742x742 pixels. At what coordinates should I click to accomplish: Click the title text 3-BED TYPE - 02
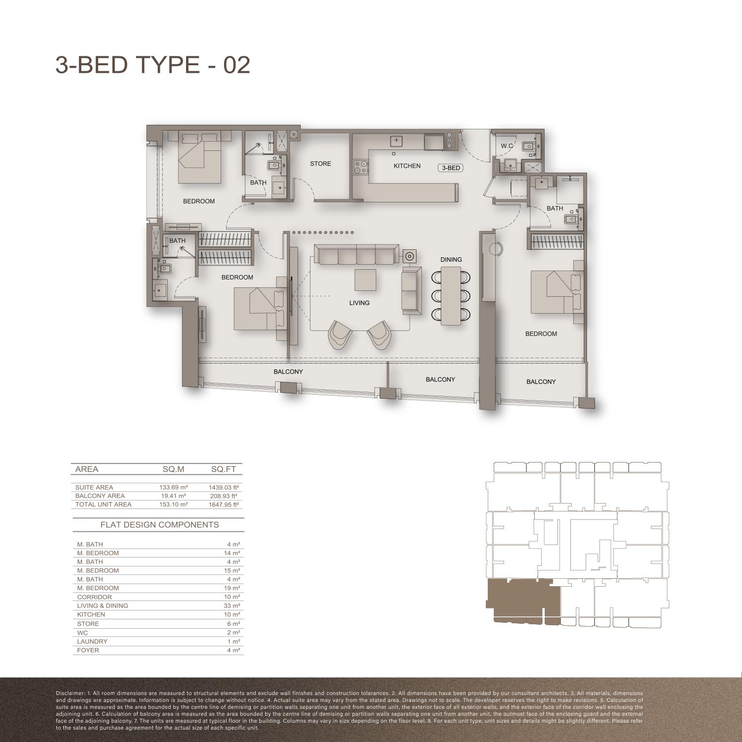(152, 65)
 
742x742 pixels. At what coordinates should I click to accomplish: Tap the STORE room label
(321, 164)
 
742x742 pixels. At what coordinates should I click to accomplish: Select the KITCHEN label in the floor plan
(407, 166)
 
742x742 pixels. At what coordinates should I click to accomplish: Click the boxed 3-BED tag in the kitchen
(451, 168)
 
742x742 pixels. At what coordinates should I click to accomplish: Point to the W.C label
(507, 146)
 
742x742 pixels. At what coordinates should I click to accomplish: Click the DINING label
(451, 260)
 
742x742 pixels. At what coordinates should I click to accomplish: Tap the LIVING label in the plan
(359, 303)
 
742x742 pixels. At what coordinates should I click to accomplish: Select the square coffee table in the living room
(365, 280)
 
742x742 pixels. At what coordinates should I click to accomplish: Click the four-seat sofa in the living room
(356, 255)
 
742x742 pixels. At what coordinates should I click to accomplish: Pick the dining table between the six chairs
(451, 296)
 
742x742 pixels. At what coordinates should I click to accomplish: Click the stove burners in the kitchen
(360, 167)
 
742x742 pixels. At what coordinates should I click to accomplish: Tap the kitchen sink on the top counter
(396, 141)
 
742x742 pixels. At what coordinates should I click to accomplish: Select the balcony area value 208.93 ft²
(223, 496)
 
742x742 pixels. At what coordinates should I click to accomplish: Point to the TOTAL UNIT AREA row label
(103, 505)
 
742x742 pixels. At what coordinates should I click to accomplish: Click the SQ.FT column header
(224, 469)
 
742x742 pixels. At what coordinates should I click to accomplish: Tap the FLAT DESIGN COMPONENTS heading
(159, 525)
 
